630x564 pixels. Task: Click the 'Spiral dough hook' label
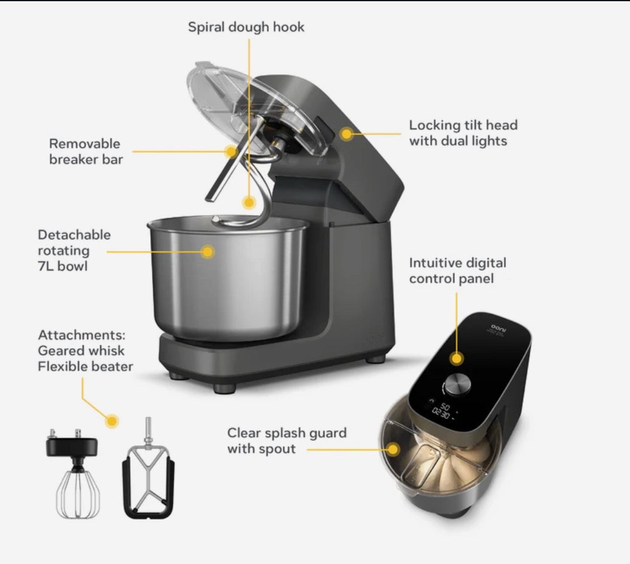point(246,27)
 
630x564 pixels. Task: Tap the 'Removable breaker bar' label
point(86,151)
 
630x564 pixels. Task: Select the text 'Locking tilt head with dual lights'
point(463,133)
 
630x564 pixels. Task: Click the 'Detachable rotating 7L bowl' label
point(74,250)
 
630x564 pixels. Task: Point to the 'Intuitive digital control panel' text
point(458,270)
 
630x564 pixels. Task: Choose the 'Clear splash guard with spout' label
point(287,441)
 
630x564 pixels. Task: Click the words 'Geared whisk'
point(81,351)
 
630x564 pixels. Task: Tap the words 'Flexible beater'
point(85,366)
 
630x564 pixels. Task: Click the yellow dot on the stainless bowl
point(207,252)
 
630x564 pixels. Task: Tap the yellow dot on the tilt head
point(346,134)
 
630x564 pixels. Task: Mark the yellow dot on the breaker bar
point(231,151)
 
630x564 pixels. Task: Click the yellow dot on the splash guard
point(393,449)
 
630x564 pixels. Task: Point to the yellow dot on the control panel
point(457,359)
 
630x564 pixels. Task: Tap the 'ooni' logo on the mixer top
point(499,328)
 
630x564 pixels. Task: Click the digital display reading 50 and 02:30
point(442,410)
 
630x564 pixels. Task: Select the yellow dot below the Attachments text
point(112,421)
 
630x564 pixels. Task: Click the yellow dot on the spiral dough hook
point(249,202)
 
